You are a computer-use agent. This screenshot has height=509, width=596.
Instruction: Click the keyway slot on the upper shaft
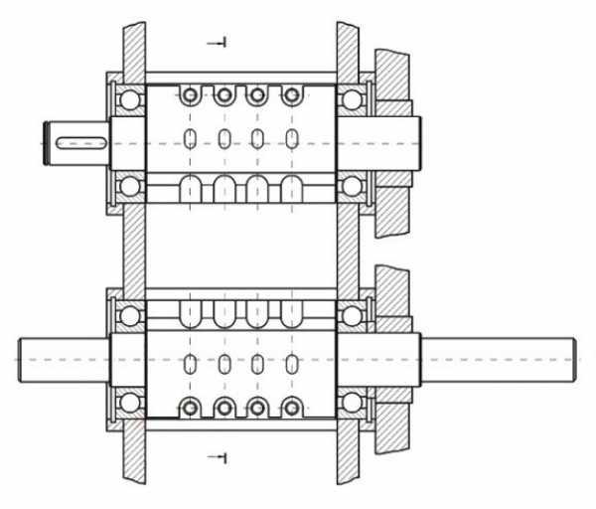pos(81,143)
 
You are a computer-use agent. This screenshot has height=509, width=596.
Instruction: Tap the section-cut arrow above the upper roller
pos(217,43)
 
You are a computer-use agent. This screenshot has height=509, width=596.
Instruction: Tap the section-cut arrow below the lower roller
pos(218,457)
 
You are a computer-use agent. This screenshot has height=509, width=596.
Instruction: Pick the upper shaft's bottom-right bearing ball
pos(352,187)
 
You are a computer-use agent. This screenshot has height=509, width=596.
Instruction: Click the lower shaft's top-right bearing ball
pos(352,316)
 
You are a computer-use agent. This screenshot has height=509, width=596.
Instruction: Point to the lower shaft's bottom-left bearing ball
pos(130,403)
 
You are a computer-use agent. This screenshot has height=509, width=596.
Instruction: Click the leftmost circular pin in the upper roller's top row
pos(190,94)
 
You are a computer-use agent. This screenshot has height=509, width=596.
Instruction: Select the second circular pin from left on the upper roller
pos(224,94)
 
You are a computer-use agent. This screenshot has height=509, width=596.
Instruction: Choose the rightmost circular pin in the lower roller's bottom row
pos(292,408)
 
